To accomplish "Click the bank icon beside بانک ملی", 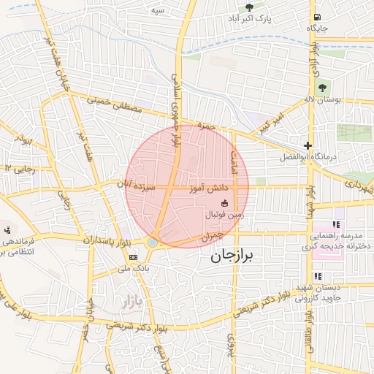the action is [133, 257].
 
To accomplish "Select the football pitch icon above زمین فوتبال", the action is [224, 202].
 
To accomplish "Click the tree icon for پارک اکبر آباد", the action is [249, 7].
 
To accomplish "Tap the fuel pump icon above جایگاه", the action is [316, 16].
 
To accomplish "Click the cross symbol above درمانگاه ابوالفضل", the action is [308, 145].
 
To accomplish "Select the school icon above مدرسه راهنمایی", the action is [336, 224].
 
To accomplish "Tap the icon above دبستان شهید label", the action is [318, 276].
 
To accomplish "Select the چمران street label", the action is [209, 237].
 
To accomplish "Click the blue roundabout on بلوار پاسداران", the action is [153, 242].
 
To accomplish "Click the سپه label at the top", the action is [156, 12].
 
